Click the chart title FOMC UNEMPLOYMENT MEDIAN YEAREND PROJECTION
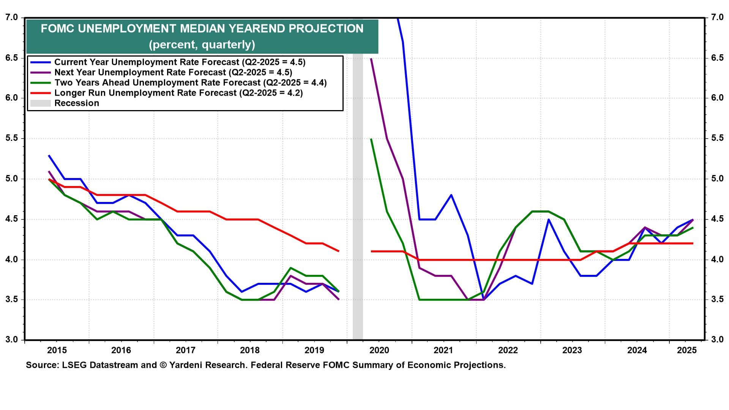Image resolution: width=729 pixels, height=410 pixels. pos(202,28)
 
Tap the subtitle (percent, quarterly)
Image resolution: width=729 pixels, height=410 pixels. pos(202,45)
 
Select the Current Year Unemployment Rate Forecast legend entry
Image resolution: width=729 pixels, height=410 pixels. pos(180,62)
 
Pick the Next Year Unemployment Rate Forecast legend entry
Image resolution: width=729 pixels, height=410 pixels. pos(173,73)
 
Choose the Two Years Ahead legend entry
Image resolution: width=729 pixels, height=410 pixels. pos(190,83)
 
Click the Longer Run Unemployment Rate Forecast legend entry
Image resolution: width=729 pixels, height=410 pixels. pos(178,93)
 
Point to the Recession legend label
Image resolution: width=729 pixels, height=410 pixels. pos(77,103)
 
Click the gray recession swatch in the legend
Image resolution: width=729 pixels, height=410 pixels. pos(40,103)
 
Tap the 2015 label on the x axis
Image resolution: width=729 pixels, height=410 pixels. pos(57,350)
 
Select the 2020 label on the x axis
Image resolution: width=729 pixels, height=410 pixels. pos(379,350)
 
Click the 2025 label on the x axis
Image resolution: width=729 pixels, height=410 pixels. pos(686,350)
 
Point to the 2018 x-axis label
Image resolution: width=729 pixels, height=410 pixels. pos(250,350)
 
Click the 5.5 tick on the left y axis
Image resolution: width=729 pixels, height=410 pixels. pos(12,138)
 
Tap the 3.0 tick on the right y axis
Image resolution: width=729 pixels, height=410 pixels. pos(717,339)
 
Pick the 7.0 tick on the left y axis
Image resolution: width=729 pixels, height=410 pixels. pos(12,17)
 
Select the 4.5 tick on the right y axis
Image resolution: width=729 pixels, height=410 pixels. pos(717,219)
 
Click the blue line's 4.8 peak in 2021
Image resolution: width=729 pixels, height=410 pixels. pos(451,195)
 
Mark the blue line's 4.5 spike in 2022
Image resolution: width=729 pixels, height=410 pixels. pos(548,219)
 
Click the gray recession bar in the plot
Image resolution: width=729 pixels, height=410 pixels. pos(358,190)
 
